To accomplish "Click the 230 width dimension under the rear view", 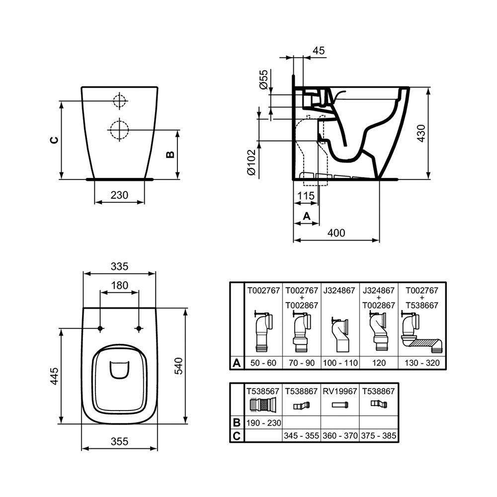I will [119, 195].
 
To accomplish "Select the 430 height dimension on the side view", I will [420, 133].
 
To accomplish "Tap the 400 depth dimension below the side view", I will [336, 233].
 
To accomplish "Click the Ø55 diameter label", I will [264, 80].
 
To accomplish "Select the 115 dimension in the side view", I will [306, 196].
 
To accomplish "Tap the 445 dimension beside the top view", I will [54, 376].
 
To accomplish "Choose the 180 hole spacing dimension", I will [119, 285].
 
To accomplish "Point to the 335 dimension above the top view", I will [119, 266].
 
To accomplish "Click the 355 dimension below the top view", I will [119, 441].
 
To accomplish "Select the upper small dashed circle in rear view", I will [119, 100].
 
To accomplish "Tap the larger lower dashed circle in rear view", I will [119, 130].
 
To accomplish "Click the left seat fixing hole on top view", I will [100, 329].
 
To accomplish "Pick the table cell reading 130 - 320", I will [422, 363].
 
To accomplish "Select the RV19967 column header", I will [340, 391].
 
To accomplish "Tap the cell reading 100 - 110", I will [340, 363].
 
